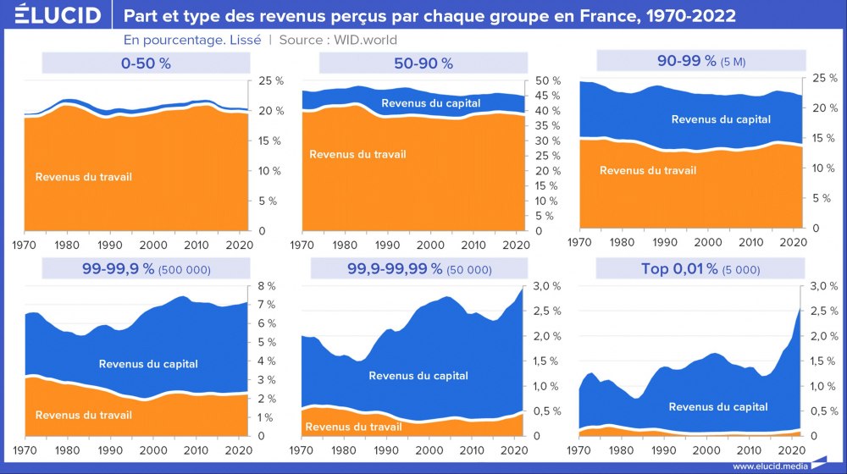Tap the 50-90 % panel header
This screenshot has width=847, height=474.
pos(423,63)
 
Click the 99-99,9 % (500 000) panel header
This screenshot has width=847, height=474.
pos(141,269)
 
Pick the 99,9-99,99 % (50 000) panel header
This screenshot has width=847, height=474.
pos(420,269)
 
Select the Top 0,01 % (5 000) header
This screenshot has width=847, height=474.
pos(700,269)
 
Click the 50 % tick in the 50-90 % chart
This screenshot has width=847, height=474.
pos(549,81)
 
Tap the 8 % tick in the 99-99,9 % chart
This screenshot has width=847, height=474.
pos(267,286)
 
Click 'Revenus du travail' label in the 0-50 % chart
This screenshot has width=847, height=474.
pos(84,177)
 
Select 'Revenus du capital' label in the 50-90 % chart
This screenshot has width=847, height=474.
pos(431,103)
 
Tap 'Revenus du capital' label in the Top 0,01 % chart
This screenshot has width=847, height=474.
pos(718,407)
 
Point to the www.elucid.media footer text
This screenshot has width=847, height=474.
pos(768,466)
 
